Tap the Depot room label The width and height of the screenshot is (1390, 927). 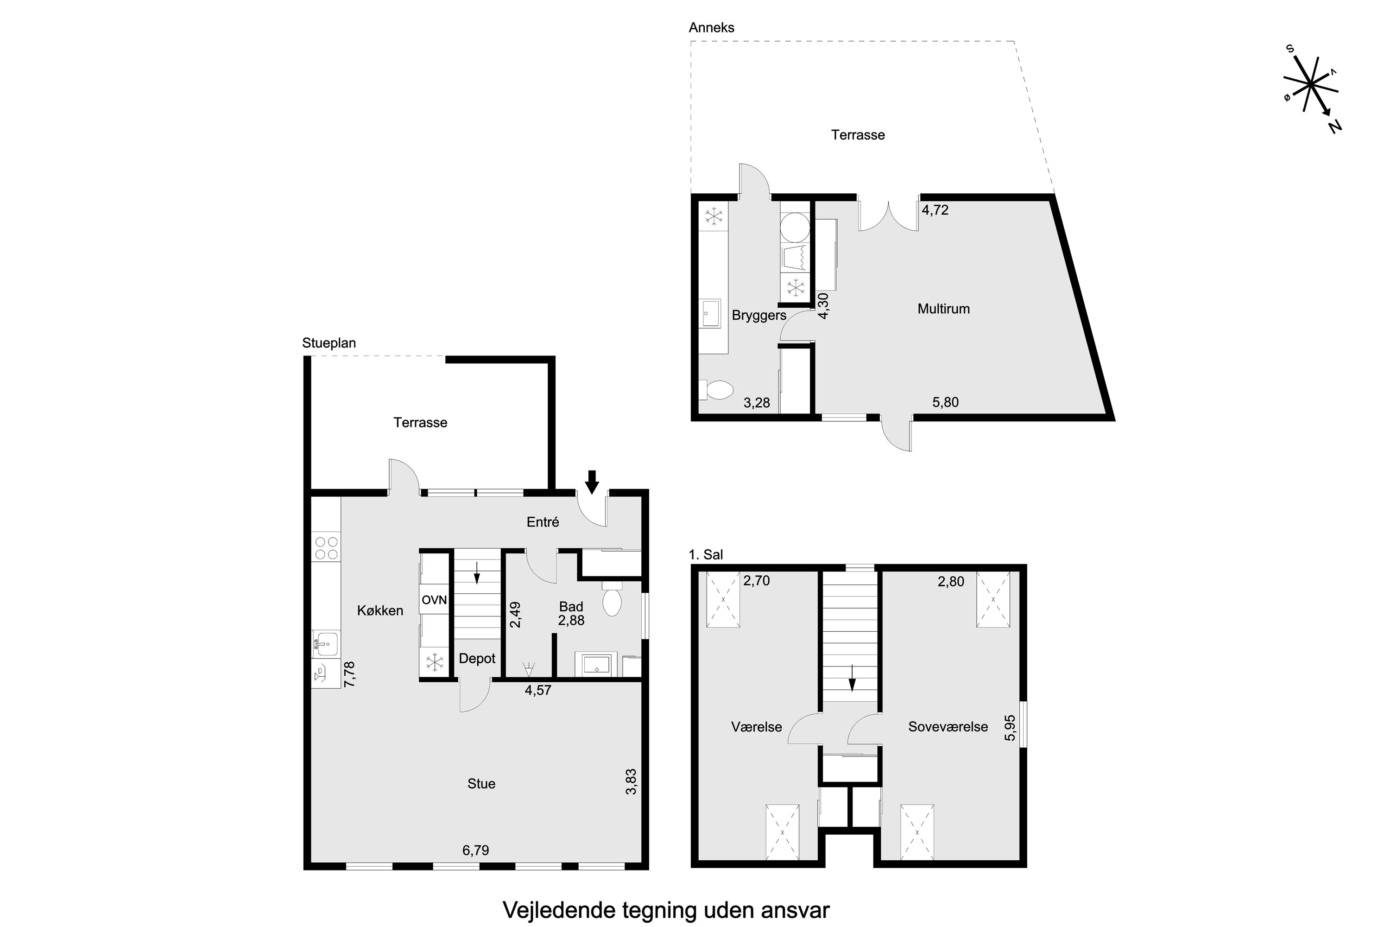[477, 659]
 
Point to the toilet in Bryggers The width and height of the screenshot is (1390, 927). [716, 390]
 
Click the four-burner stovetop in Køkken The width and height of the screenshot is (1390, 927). [326, 547]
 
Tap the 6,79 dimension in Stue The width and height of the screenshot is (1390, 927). [476, 851]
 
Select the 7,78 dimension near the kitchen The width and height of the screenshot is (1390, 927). [349, 674]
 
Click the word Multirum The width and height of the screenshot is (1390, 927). [943, 309]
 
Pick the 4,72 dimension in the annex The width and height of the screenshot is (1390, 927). [935, 210]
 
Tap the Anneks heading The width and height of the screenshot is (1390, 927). [712, 27]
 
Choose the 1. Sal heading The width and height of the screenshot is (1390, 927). [706, 554]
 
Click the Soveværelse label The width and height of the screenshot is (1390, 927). [948, 727]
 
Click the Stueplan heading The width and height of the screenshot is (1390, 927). [329, 343]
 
